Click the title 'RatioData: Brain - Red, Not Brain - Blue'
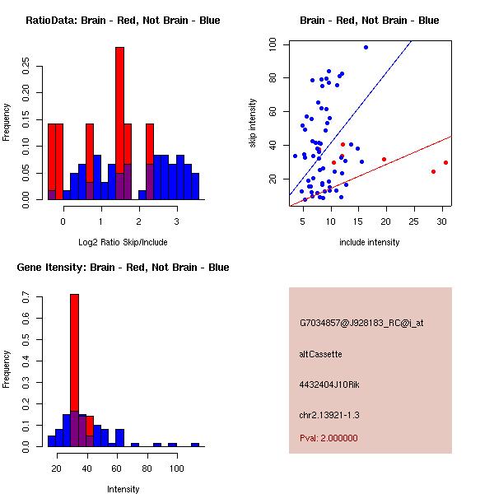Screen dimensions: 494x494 tap(123, 21)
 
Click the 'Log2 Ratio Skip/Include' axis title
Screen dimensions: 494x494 tap(123, 243)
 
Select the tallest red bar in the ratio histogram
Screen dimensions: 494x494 tap(119, 123)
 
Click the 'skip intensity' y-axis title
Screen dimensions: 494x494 tap(254, 123)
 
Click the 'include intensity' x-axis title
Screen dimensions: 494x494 tap(369, 243)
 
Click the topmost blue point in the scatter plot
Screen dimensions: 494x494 tap(366, 47)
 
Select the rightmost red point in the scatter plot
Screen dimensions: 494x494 tap(445, 162)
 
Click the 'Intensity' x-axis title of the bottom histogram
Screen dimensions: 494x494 tap(123, 490)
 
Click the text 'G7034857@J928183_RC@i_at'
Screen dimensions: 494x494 tap(361, 324)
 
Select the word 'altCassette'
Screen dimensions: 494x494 tap(320, 354)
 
